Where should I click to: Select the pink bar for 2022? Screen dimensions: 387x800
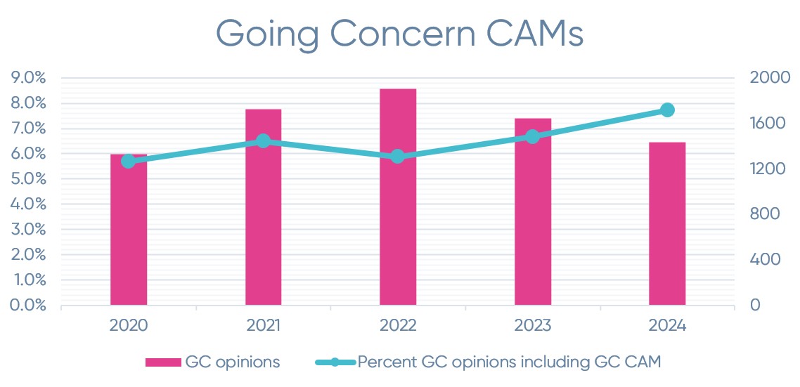[398, 197]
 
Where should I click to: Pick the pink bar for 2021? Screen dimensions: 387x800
[264, 207]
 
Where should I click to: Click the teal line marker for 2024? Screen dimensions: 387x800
[668, 110]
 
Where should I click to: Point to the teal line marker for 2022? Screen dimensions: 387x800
[398, 157]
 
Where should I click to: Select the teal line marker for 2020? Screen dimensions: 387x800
[128, 162]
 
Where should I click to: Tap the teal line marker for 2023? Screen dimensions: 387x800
[533, 137]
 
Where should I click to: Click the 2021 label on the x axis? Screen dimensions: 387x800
[264, 326]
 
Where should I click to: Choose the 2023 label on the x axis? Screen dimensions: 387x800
[533, 326]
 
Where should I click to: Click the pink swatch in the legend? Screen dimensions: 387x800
[164, 362]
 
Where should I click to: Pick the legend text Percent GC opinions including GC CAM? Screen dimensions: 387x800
[510, 362]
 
